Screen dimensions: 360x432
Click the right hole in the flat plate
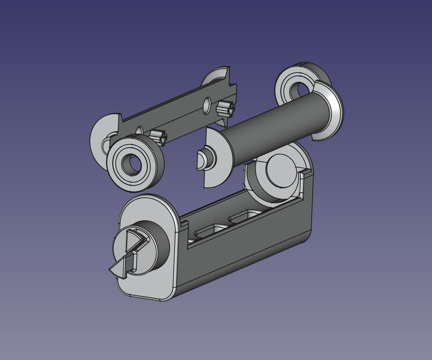207,105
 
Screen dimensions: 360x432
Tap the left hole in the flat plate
139,131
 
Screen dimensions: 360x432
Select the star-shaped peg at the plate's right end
225,108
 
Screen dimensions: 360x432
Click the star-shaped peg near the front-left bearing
159,136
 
